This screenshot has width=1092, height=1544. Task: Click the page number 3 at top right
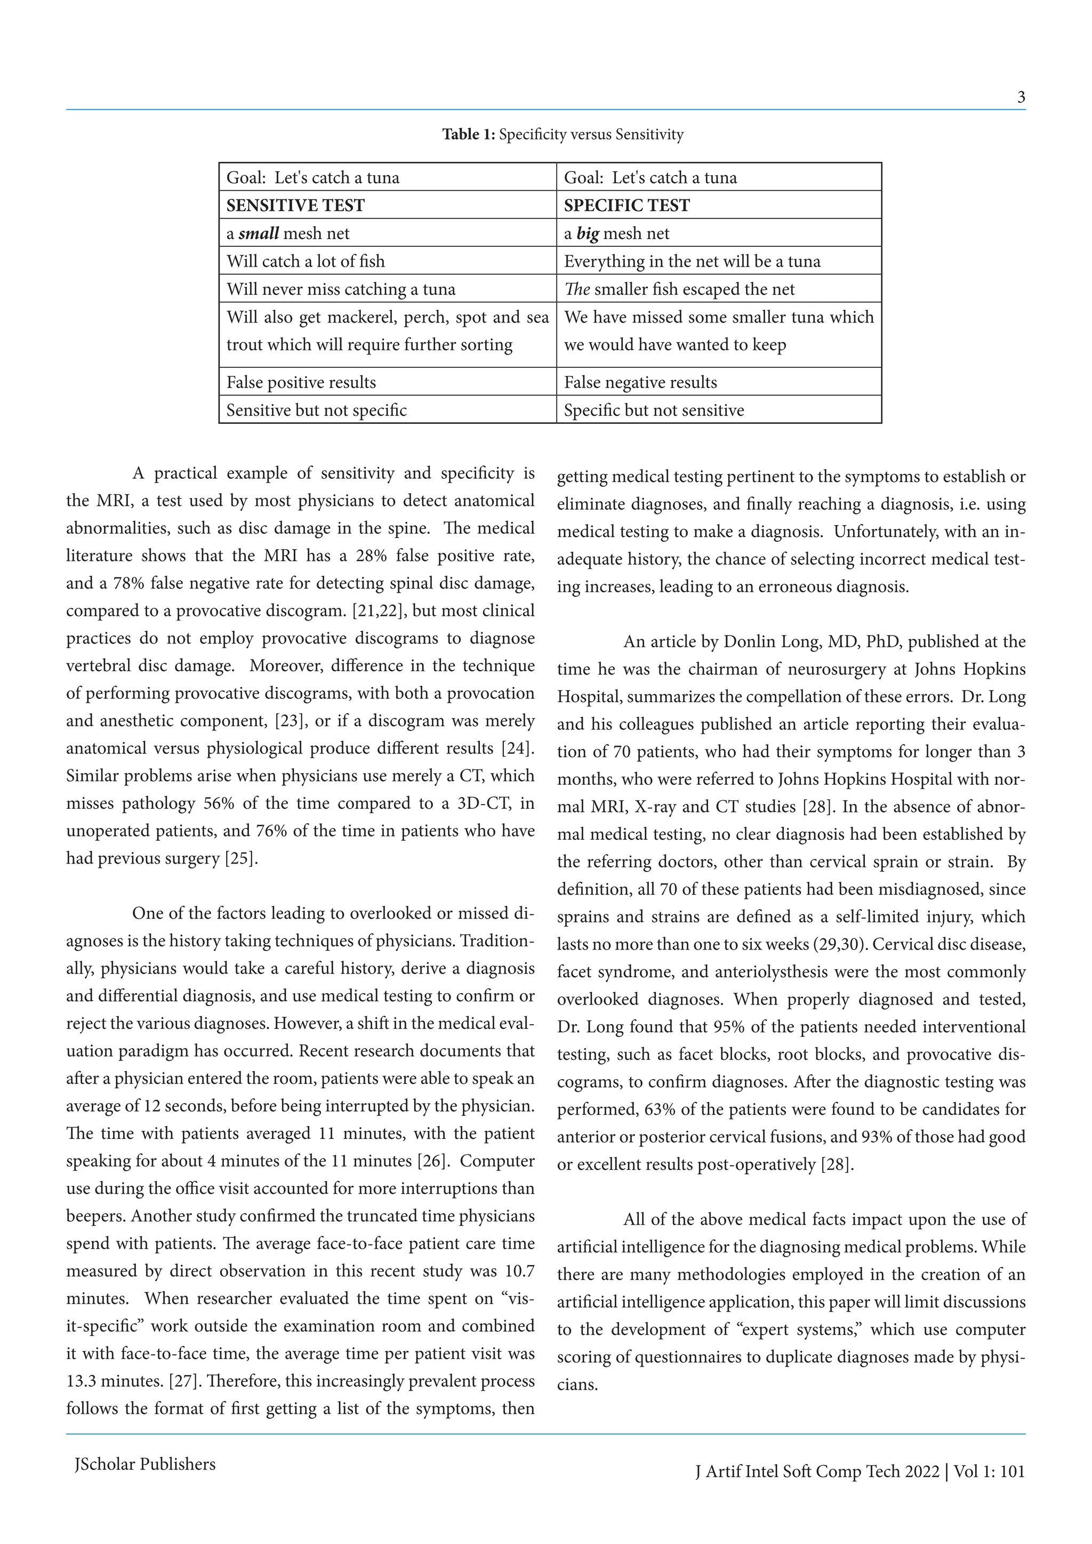point(1021,98)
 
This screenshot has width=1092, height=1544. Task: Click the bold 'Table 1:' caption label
point(468,134)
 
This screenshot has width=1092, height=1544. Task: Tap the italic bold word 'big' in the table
point(588,234)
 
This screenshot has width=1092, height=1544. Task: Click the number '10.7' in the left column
point(518,1271)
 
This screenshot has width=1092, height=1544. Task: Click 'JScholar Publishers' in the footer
point(144,1464)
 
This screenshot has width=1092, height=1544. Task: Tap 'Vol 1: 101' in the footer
point(989,1471)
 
